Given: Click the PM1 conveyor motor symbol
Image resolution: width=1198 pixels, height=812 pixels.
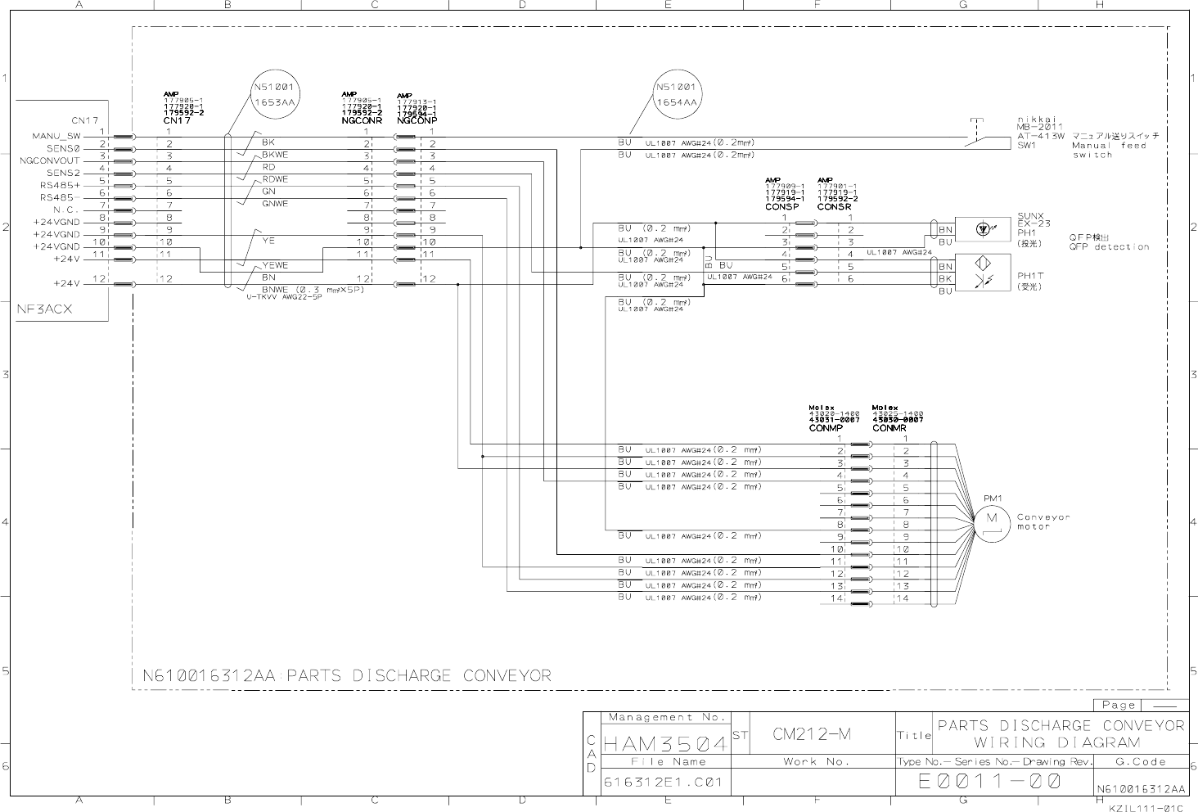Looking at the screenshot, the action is point(991,520).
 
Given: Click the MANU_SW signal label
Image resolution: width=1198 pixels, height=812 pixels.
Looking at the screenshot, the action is point(56,136).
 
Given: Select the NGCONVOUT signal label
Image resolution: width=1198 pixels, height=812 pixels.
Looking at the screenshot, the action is point(50,160).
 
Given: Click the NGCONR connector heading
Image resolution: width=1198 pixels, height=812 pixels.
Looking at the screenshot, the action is point(362,120).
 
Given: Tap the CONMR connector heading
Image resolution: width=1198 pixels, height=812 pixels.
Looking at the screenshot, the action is point(889,428).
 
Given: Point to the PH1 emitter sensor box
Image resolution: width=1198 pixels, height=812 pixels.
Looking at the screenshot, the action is point(983,230).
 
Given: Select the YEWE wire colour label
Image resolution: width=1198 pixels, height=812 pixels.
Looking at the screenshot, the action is point(275,265).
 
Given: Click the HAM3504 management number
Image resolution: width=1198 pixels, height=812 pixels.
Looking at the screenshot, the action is point(664,744).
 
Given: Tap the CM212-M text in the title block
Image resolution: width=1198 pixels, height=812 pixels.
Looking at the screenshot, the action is point(812,734).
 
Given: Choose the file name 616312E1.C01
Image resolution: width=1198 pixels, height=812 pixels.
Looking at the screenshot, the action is point(663,782).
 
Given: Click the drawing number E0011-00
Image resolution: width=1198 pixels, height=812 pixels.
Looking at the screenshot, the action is point(990,782).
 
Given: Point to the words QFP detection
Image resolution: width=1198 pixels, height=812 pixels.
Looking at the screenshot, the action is point(1109,246).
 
